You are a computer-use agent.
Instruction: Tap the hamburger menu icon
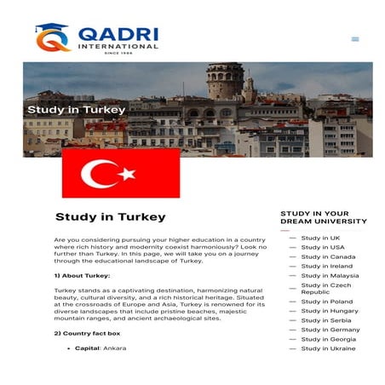[x=355, y=38]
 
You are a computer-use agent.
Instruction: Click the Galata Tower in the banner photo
[x=225, y=82]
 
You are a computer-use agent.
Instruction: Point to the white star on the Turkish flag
[x=128, y=174]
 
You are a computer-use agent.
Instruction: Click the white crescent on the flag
[x=98, y=174]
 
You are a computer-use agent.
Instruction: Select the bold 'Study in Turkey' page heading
[x=110, y=217]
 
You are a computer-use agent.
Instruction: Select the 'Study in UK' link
[x=320, y=238]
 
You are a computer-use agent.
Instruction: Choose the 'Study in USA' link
[x=323, y=247]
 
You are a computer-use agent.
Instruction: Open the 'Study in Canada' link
[x=328, y=256]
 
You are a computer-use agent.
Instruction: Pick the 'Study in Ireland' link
[x=326, y=266]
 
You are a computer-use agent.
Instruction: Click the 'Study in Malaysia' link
[x=330, y=275]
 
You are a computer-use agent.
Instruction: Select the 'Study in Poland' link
[x=326, y=302]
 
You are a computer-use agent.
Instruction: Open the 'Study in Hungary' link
[x=330, y=311]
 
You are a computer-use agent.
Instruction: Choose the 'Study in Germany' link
[x=330, y=330]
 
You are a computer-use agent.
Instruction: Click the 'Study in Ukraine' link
[x=328, y=348]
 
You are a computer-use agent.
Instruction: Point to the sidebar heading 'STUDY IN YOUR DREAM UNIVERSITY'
[x=323, y=217]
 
